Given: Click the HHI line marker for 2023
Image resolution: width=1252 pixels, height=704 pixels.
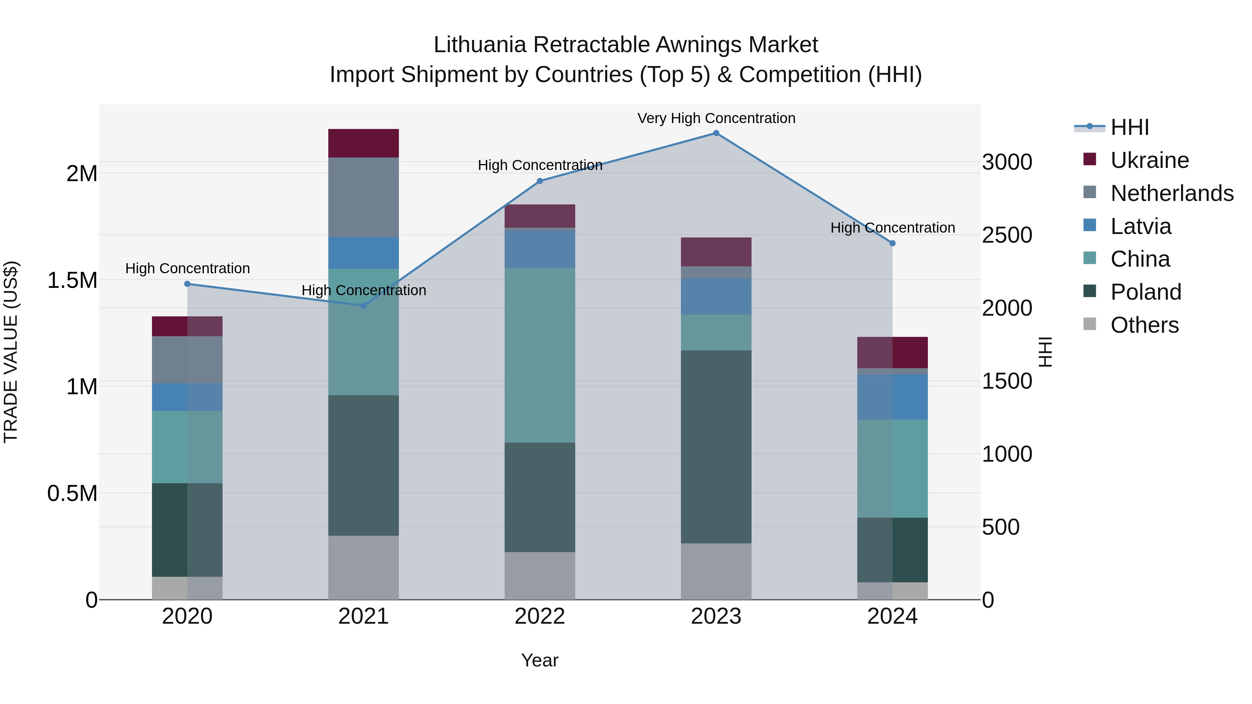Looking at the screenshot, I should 716,133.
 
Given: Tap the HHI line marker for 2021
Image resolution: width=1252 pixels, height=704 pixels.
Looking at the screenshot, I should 363,306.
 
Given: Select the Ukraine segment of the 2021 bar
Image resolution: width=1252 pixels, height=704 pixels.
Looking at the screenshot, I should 363,143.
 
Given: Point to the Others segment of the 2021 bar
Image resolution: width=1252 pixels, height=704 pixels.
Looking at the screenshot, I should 363,567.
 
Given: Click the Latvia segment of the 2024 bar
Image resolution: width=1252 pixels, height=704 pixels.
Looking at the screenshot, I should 892,397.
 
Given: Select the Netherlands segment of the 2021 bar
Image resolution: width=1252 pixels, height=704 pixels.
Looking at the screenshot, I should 363,197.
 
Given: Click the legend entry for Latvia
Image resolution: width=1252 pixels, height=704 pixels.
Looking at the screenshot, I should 1140,226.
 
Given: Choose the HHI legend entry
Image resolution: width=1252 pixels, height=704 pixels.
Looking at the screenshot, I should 1129,127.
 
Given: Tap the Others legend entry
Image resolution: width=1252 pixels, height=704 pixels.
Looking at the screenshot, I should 1144,325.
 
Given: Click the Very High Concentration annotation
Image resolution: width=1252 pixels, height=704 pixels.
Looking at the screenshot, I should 716,118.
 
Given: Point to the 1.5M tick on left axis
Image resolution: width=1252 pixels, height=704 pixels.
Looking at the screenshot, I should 72,280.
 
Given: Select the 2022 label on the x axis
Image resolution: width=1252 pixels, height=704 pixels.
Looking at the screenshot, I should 539,616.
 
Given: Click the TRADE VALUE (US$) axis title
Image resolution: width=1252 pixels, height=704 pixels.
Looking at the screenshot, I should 11,352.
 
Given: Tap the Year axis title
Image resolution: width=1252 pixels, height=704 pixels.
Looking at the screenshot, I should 539,660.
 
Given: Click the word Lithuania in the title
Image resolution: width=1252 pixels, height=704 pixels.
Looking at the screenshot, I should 480,45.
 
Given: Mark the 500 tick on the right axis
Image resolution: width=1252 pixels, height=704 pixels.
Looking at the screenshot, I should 1000,527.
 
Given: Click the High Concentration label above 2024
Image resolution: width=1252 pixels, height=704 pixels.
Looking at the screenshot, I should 892,227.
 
